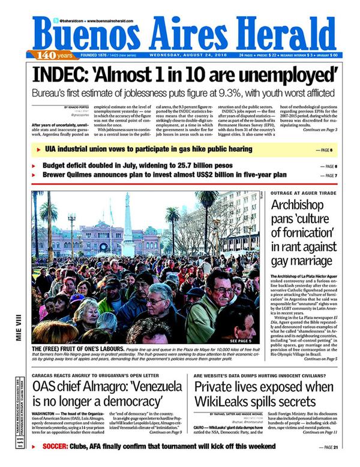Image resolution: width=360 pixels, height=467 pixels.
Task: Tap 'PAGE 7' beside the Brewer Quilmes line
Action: [328, 175]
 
